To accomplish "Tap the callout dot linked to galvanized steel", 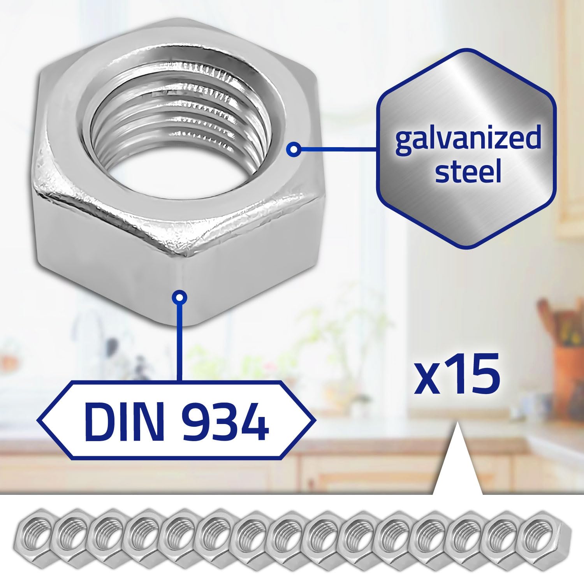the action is pyautogui.click(x=295, y=149).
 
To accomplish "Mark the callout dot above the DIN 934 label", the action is pyautogui.click(x=179, y=298).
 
